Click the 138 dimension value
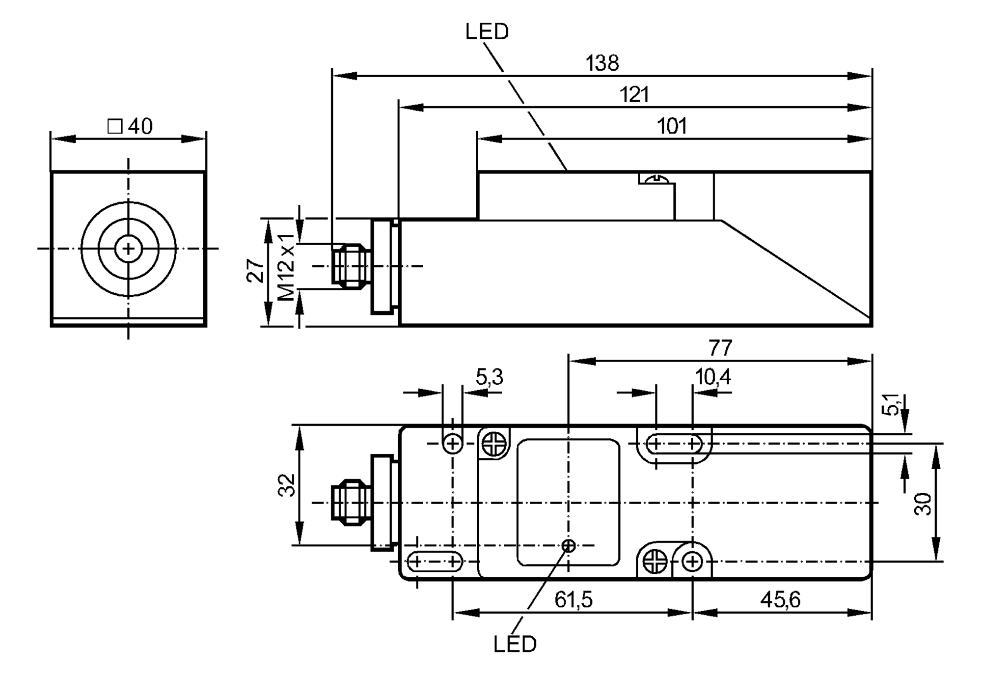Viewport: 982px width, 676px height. (602, 63)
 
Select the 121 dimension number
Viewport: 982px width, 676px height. (634, 94)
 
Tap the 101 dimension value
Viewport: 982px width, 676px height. (671, 126)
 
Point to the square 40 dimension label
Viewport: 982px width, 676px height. (130, 126)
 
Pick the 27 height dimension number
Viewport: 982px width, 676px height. (255, 270)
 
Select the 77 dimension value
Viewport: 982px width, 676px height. (720, 348)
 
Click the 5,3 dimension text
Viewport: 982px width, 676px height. (489, 377)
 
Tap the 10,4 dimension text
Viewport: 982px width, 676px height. (712, 377)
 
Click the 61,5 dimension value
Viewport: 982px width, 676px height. (573, 600)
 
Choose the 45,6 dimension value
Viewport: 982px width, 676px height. (780, 600)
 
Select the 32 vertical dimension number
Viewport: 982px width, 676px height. (287, 485)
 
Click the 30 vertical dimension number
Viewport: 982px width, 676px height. (923, 504)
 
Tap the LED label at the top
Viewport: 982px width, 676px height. (487, 32)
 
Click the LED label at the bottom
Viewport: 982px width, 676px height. (515, 644)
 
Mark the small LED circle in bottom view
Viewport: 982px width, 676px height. (569, 545)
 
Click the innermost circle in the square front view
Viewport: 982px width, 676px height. (128, 249)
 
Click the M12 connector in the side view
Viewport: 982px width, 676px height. (350, 266)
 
